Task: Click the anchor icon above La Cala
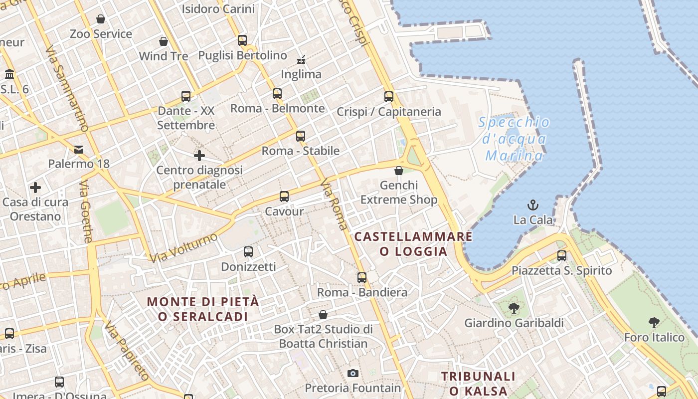pyautogui.click(x=533, y=204)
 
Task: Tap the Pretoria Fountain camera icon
pyautogui.click(x=352, y=373)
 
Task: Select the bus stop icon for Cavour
pyautogui.click(x=284, y=197)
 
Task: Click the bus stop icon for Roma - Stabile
pyautogui.click(x=300, y=136)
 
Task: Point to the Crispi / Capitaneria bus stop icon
pyautogui.click(x=389, y=97)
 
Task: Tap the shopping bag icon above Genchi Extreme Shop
pyautogui.click(x=399, y=171)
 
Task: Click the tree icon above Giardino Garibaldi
pyautogui.click(x=514, y=308)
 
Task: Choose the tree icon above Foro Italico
pyautogui.click(x=654, y=323)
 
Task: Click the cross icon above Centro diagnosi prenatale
pyautogui.click(x=199, y=156)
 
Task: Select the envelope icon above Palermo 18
pyautogui.click(x=79, y=149)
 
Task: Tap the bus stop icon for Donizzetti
pyautogui.click(x=248, y=252)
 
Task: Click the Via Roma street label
pyautogui.click(x=334, y=204)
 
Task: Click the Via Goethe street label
pyautogui.click(x=86, y=211)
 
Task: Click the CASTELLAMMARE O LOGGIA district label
pyautogui.click(x=413, y=244)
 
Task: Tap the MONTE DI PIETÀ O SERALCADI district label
pyautogui.click(x=203, y=309)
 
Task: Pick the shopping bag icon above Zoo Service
pyautogui.click(x=101, y=19)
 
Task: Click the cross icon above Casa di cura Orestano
pyautogui.click(x=35, y=188)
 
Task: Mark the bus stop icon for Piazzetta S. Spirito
pyautogui.click(x=562, y=256)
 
